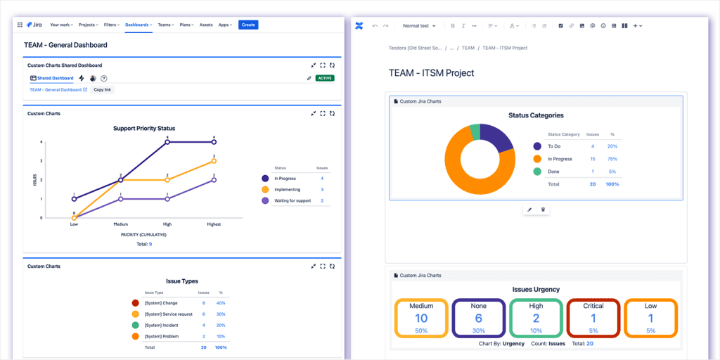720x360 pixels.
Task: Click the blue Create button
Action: [x=248, y=25]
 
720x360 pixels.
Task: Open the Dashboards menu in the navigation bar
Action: [x=139, y=25]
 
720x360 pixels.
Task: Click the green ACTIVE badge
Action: [x=325, y=78]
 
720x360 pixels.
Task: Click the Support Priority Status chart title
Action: [x=144, y=128]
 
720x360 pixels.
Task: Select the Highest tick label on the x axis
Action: [x=214, y=224]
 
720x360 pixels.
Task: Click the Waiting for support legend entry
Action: [x=293, y=200]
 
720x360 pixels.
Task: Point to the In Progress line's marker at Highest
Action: [x=214, y=142]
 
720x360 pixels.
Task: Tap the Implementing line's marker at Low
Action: [x=74, y=217]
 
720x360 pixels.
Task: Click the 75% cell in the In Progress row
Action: [x=612, y=159]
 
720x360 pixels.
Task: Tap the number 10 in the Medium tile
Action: [x=421, y=319]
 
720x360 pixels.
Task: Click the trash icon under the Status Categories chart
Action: [x=543, y=210]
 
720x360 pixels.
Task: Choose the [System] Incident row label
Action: [x=162, y=325]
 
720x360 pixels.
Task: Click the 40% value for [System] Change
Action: [x=221, y=302]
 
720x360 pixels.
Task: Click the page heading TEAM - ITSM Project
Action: [x=431, y=72]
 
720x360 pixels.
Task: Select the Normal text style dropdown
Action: [x=418, y=25]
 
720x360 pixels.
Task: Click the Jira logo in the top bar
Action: [x=34, y=25]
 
